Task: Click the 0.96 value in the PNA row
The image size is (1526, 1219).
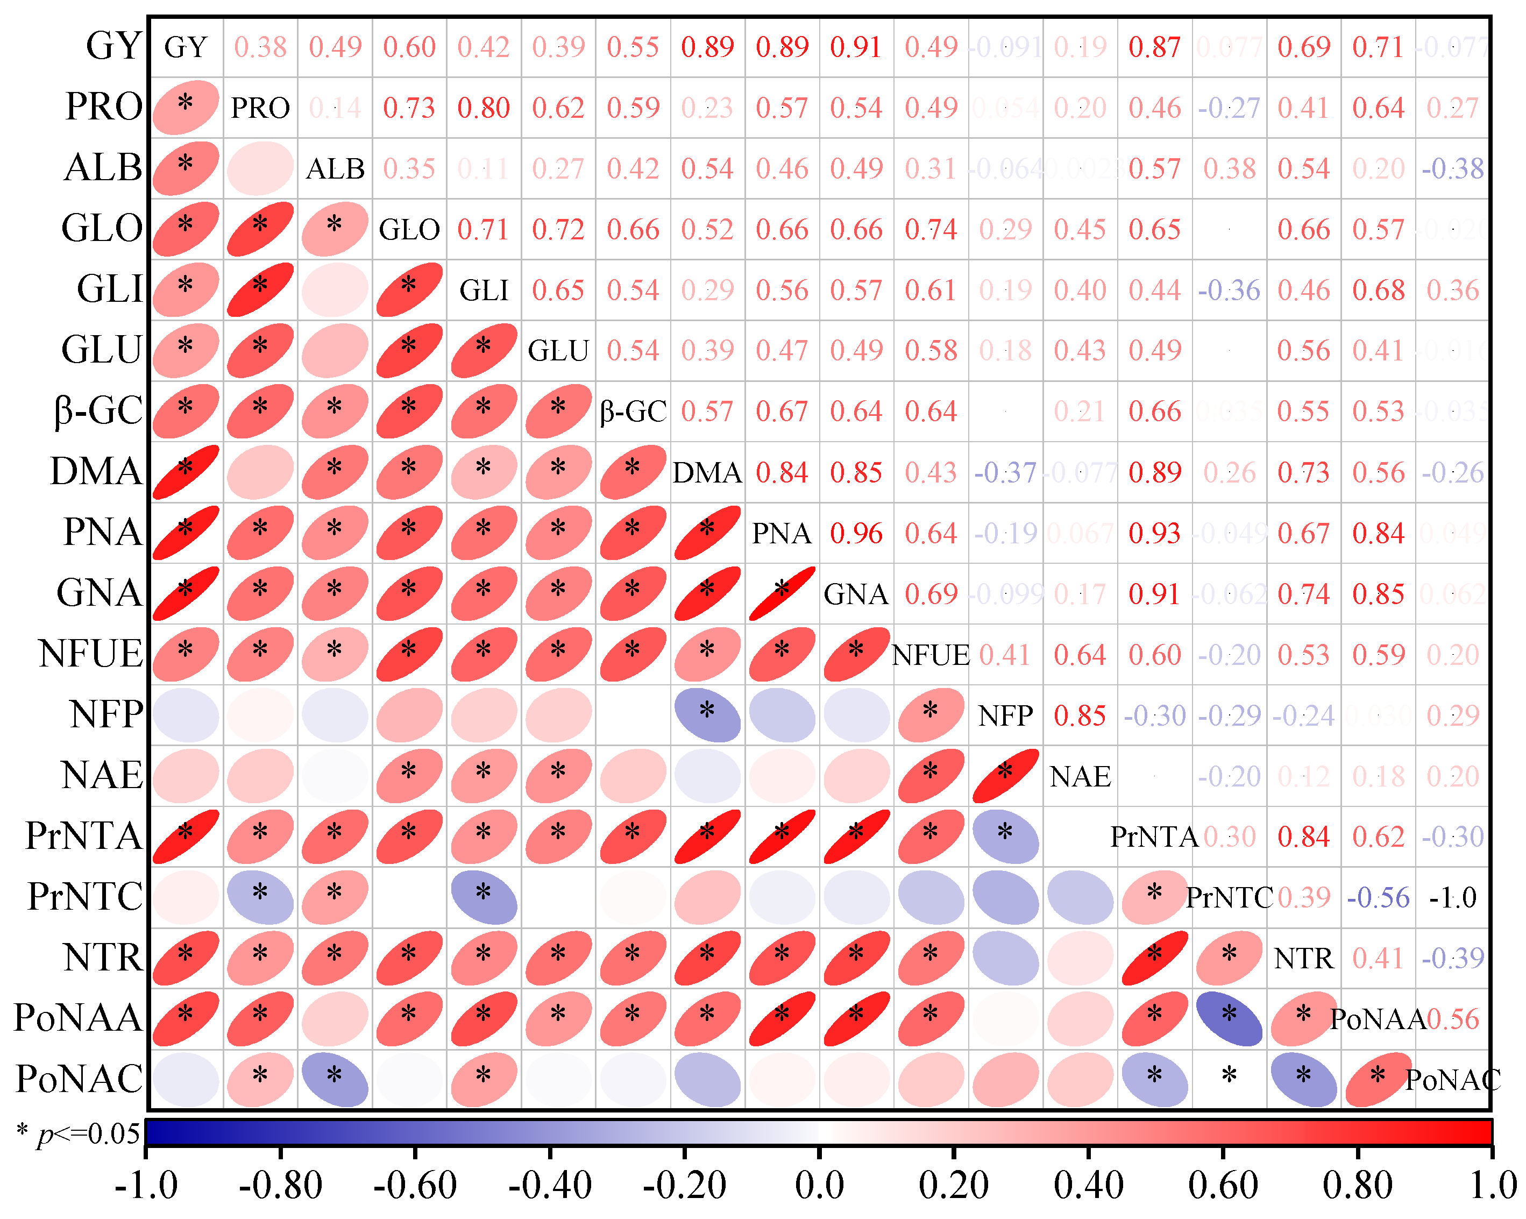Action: coord(856,533)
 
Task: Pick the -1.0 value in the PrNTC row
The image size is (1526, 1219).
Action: coord(1452,898)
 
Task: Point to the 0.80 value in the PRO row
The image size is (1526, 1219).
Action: coord(484,108)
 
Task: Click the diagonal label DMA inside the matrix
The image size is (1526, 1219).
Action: coord(706,472)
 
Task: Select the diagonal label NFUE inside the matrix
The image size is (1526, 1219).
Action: coord(930,655)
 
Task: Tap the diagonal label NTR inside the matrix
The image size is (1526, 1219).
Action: coord(1303,959)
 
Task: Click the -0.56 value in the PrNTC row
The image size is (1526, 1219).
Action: coord(1378,898)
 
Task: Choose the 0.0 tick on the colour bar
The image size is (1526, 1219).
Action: coord(819,1185)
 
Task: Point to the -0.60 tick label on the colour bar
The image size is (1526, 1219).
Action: coord(415,1185)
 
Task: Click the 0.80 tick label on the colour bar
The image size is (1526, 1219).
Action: coord(1357,1185)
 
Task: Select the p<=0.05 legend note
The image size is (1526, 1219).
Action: coord(78,1133)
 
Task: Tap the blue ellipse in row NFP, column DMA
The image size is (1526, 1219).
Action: coord(706,715)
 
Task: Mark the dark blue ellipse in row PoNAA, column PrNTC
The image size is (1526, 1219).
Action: coord(1229,1019)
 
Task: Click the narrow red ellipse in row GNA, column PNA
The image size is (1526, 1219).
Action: coord(782,593)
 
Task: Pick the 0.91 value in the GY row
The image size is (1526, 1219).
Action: coord(856,47)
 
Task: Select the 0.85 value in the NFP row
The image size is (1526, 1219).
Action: coord(1080,715)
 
